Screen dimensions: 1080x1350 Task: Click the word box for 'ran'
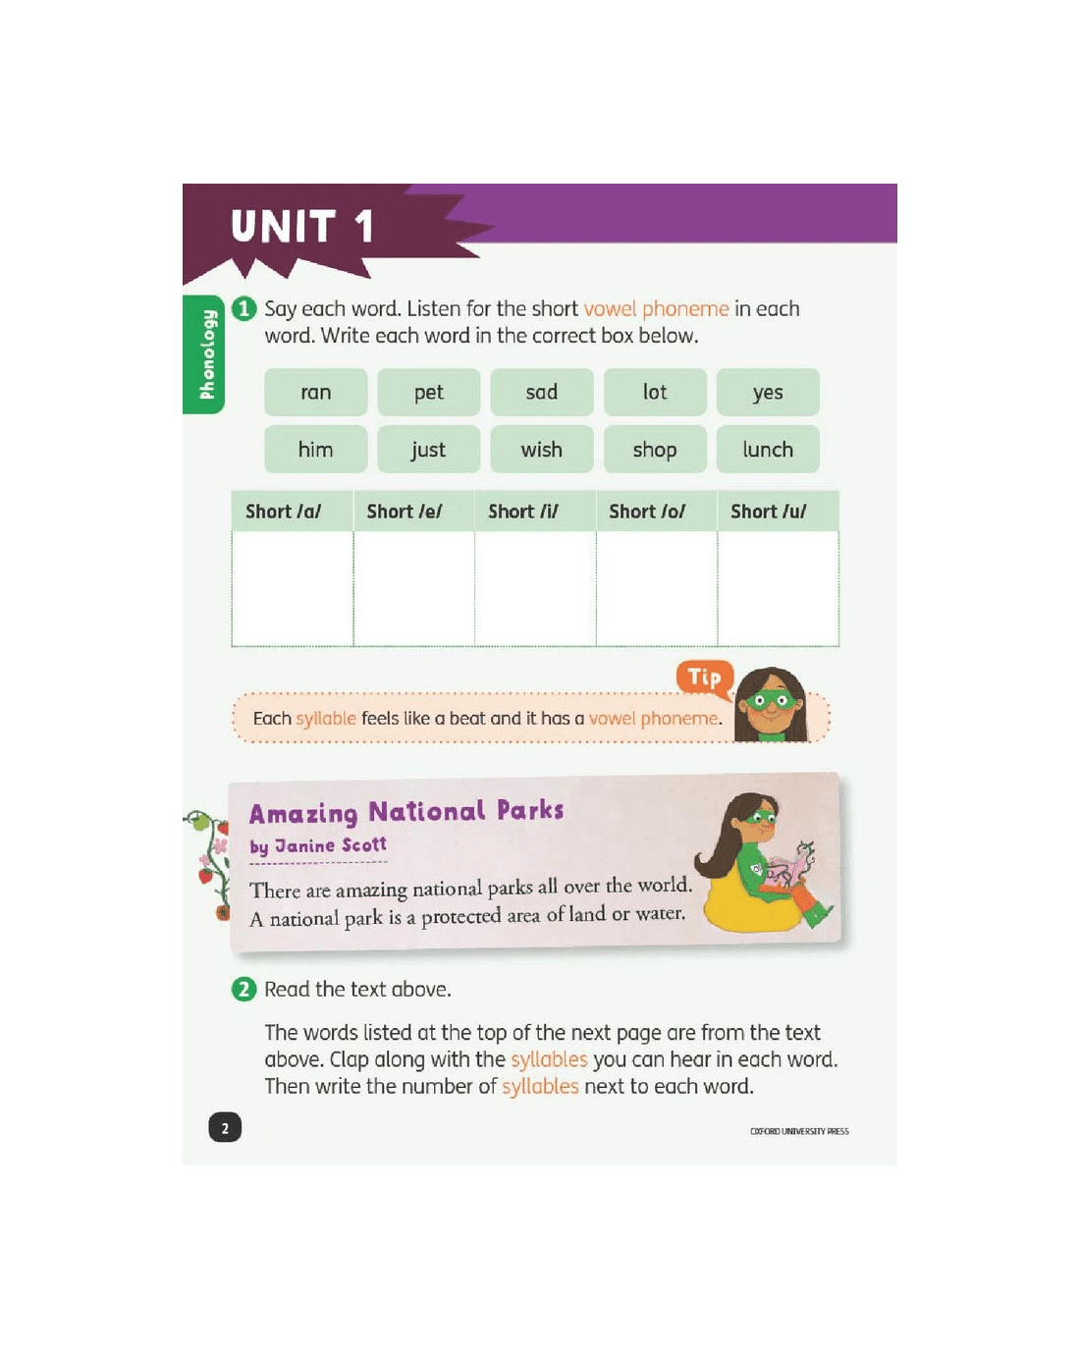(x=315, y=392)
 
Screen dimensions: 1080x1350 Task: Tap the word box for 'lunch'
(x=768, y=449)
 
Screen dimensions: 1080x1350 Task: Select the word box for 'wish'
(x=542, y=449)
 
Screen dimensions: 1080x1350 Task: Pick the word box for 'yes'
(x=768, y=392)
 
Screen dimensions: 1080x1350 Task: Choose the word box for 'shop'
(x=655, y=449)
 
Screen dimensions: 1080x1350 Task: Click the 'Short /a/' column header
(x=293, y=512)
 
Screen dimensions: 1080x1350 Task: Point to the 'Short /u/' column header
(x=779, y=512)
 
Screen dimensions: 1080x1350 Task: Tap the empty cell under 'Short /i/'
(x=535, y=588)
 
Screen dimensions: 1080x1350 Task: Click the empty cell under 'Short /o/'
(x=657, y=588)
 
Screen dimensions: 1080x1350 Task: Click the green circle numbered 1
(x=244, y=308)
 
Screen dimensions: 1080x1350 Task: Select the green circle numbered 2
(x=244, y=990)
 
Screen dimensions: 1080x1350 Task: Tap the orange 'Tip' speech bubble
(x=704, y=678)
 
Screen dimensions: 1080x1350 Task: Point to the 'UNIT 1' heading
(x=302, y=226)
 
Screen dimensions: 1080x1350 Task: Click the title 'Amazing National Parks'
(x=406, y=812)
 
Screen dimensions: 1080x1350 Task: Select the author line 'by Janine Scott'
(x=318, y=846)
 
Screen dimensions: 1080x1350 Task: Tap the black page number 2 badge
(x=225, y=1128)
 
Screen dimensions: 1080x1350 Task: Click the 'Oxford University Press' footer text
(x=799, y=1131)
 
